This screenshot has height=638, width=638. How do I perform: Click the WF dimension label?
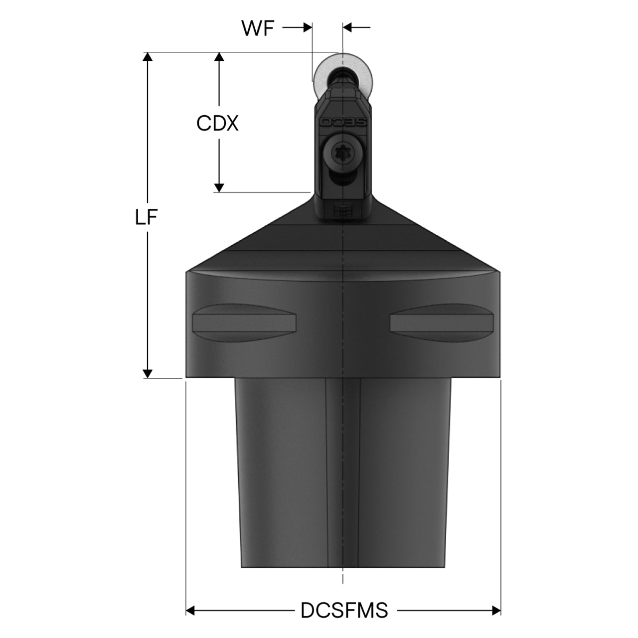coord(258,28)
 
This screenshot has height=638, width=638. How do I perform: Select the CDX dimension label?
coord(217,124)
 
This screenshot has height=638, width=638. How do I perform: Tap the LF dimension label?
coord(146,217)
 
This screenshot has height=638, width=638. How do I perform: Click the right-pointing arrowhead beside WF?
coord(308,28)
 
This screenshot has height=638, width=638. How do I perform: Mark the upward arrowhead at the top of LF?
coord(148,57)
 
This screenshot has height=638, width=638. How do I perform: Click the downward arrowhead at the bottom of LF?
coord(148,373)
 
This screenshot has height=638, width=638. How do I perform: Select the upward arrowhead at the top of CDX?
coord(219,57)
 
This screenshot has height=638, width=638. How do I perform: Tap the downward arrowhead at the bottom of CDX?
coord(219,188)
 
